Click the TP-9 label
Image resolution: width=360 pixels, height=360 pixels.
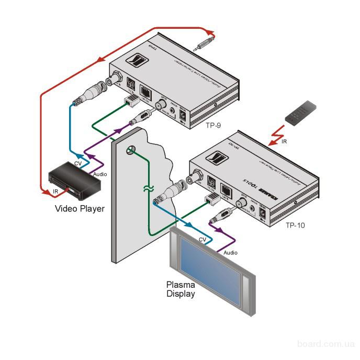213,126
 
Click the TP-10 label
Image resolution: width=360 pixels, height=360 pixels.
295,226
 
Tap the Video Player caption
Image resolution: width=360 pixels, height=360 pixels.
80,209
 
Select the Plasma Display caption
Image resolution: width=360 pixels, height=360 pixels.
181,289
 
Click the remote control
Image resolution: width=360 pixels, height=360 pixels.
301,114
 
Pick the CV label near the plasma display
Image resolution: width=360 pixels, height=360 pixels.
202,240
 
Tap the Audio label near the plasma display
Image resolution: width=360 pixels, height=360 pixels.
230,252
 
